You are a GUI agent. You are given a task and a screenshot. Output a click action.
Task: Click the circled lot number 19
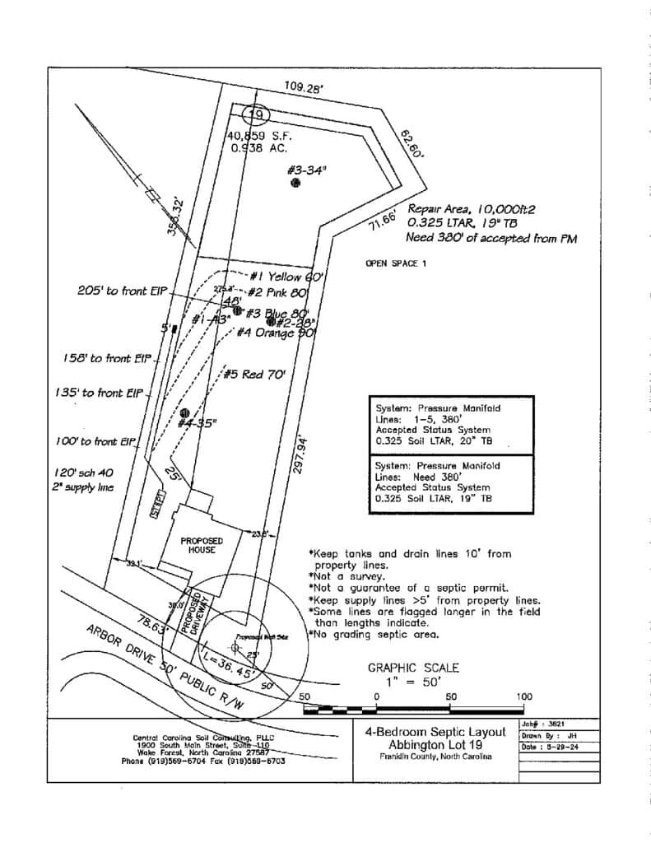click(x=257, y=114)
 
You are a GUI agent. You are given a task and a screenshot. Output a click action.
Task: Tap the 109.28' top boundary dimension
click(x=305, y=86)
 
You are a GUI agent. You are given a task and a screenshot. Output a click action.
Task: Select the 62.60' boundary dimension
click(x=412, y=143)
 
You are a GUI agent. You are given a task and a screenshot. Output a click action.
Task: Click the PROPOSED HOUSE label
click(x=198, y=545)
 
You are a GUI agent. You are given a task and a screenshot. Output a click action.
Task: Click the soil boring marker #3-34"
click(x=295, y=183)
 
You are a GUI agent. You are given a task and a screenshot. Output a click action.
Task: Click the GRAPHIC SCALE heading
click(x=413, y=668)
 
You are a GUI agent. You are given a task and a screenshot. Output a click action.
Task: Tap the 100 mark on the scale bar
click(x=524, y=696)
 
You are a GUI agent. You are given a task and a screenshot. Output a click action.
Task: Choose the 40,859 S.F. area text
click(x=259, y=136)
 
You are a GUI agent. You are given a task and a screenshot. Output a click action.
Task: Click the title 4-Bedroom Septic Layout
click(x=435, y=730)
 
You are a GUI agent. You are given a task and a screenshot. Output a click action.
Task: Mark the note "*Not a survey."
click(x=339, y=577)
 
